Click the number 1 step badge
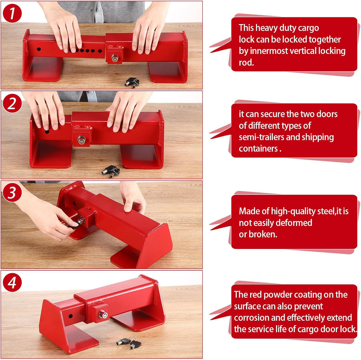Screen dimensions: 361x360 (12, 13)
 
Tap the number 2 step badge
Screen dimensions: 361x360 (12, 103)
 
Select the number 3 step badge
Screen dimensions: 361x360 (12, 193)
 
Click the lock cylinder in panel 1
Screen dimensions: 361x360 (114, 58)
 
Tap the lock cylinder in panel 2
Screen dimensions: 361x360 (81, 140)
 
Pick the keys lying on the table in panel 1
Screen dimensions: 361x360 (132, 83)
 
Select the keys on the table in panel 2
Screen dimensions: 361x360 (111, 171)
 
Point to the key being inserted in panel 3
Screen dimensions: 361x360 (75, 224)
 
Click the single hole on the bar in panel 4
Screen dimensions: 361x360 (70, 316)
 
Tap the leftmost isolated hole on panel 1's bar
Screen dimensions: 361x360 (39, 49)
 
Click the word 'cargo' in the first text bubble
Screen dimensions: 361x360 (308, 28)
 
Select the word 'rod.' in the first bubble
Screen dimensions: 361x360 (246, 62)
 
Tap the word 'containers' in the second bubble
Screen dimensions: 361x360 (258, 148)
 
